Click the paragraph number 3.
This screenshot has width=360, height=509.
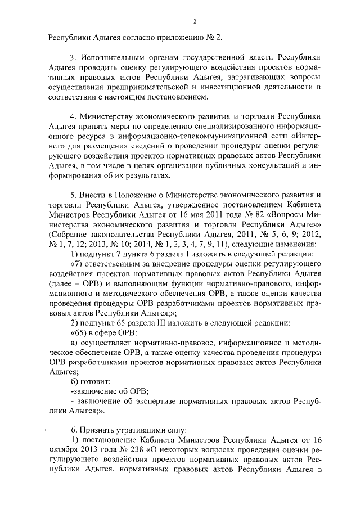tap(72, 58)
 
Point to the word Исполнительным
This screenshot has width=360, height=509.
tap(113, 58)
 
